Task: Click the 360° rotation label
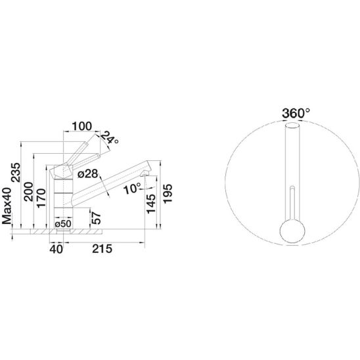(296, 113)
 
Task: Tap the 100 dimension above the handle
(82, 126)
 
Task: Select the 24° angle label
(109, 137)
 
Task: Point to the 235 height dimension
(16, 172)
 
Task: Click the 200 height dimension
(29, 192)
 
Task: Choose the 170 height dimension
(41, 198)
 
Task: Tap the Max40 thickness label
(7, 206)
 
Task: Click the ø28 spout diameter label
(88, 174)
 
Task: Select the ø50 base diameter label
(63, 223)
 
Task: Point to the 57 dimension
(96, 218)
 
